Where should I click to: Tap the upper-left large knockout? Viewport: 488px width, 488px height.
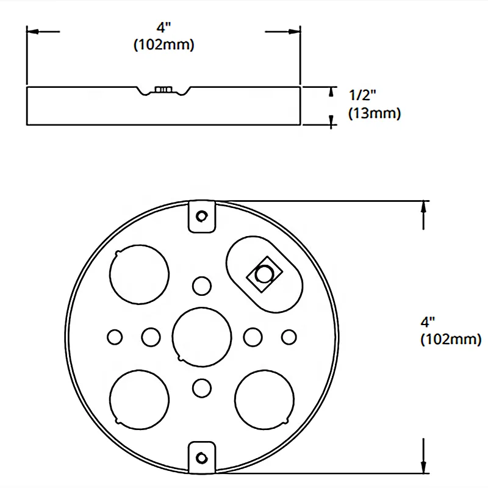(139, 275)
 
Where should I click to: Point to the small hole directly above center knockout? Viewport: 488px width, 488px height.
(202, 285)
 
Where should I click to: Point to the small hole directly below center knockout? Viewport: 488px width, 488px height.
(202, 386)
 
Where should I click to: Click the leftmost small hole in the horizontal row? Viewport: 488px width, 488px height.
(114, 335)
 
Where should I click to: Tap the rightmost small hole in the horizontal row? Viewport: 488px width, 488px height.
(289, 335)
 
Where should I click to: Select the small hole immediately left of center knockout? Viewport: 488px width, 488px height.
(150, 335)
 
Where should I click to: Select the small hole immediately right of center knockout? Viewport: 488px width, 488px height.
(253, 335)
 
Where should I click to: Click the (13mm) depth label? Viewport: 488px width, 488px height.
(374, 113)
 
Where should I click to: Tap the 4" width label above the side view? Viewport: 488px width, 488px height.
(163, 28)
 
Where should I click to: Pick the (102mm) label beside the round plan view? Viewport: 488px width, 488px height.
(450, 339)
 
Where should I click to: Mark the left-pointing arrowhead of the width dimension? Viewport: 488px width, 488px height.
(34, 30)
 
